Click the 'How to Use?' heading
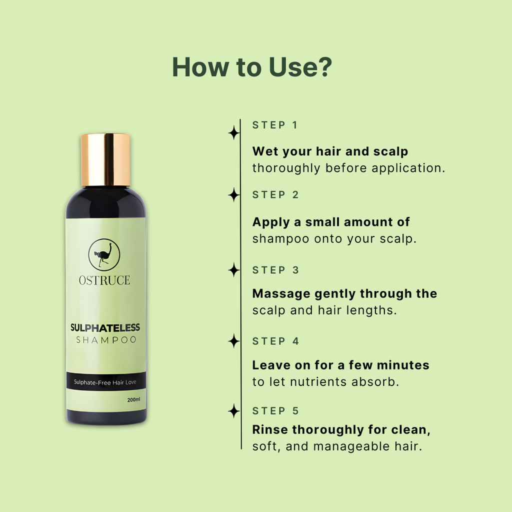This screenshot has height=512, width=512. pyautogui.click(x=252, y=67)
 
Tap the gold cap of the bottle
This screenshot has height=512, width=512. pyautogui.click(x=105, y=159)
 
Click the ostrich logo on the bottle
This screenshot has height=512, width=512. pyautogui.click(x=104, y=254)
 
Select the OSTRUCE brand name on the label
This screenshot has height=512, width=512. pyautogui.click(x=104, y=280)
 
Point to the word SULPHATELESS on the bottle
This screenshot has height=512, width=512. pyautogui.click(x=105, y=328)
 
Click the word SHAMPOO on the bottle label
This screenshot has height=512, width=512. pyautogui.click(x=106, y=340)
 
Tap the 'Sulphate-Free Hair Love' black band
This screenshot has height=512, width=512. pyautogui.click(x=106, y=382)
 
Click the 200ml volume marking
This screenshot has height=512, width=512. pyautogui.click(x=133, y=399)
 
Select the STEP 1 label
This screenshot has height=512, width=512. pyautogui.click(x=275, y=125)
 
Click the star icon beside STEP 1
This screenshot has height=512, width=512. pyautogui.click(x=233, y=133)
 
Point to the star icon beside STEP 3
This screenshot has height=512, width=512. pyautogui.click(x=233, y=270)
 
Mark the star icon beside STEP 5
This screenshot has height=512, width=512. pyautogui.click(x=233, y=411)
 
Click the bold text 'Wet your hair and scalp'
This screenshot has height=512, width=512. pyautogui.click(x=330, y=151)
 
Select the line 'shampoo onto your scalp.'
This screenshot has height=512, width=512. pyautogui.click(x=334, y=239)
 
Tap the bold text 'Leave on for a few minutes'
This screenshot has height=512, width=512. pyautogui.click(x=340, y=365)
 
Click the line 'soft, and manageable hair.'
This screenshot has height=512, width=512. pyautogui.click(x=337, y=446)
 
